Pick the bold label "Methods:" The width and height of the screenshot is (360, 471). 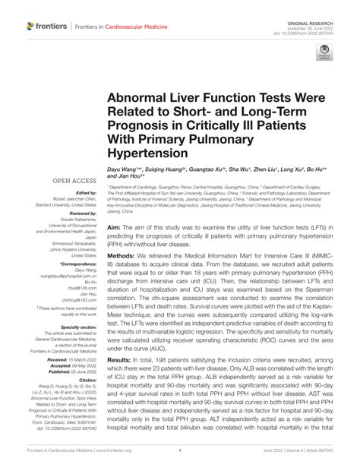click(122, 258)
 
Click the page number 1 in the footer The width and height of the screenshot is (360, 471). click(179, 461)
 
